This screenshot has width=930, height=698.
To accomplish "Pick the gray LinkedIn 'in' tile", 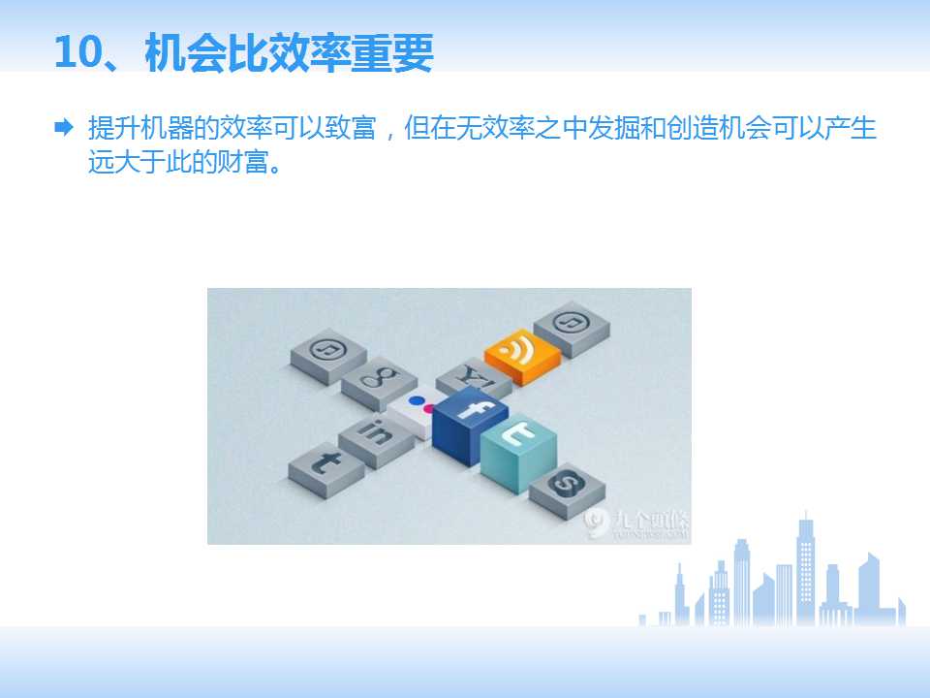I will click(378, 434).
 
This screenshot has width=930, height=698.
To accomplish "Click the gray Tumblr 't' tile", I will click(325, 465).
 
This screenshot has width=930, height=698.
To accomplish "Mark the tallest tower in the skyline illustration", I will click(805, 567).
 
